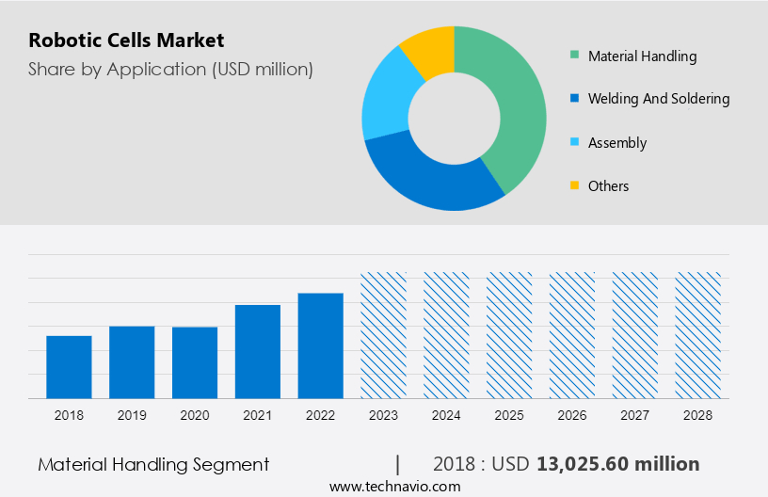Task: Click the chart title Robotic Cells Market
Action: pyautogui.click(x=126, y=40)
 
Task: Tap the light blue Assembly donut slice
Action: pyautogui.click(x=384, y=103)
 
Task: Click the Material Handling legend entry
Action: pyautogui.click(x=642, y=56)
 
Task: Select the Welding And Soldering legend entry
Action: pyautogui.click(x=658, y=99)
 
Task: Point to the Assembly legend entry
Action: pyautogui.click(x=616, y=143)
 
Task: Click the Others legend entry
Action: pyautogui.click(x=608, y=186)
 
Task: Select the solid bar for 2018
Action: pyautogui.click(x=69, y=367)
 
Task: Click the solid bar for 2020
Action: pyautogui.click(x=195, y=362)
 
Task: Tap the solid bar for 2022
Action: pyautogui.click(x=321, y=345)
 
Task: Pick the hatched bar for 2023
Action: pyautogui.click(x=384, y=335)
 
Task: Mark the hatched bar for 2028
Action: pyautogui.click(x=698, y=335)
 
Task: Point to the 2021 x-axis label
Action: pyautogui.click(x=258, y=415)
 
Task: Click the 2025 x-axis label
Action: pyautogui.click(x=509, y=415)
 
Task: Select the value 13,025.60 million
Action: pyautogui.click(x=617, y=464)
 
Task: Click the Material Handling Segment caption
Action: pyautogui.click(x=153, y=464)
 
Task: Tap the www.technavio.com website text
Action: pyautogui.click(x=395, y=487)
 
